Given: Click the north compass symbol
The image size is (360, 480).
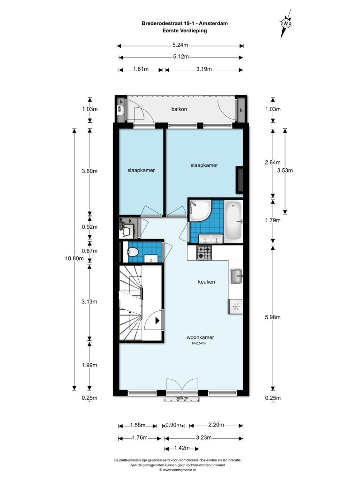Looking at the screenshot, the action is pos(286,23).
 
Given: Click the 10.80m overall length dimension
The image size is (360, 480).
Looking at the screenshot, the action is pos(74,258).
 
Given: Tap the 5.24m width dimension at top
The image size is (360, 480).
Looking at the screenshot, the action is pos(180,45).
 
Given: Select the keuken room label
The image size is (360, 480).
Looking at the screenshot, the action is pos(206,282).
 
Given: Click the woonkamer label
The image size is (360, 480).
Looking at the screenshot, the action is pos(200,337).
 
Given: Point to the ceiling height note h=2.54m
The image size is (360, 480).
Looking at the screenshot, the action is pos(199,343).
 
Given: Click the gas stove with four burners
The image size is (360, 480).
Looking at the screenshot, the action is pos(204,253).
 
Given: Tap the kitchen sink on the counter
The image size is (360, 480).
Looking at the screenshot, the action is pos(236,276).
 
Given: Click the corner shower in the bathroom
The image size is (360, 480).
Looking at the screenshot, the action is pos(199,210).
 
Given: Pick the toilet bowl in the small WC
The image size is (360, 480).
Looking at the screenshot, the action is pos(133,252).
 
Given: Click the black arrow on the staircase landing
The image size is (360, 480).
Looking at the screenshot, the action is pos(157,321).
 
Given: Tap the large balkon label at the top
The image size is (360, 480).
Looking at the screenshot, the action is pos(179,109).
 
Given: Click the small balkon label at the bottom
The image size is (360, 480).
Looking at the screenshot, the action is pos(182,398).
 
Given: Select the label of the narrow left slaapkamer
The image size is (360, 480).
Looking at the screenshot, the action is pos(141,170).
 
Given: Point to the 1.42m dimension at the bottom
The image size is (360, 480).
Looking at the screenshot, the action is pos(182,448).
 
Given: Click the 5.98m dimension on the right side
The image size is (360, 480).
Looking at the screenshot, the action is pos(273,317).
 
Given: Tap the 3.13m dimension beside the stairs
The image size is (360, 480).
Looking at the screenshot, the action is pos(90,301).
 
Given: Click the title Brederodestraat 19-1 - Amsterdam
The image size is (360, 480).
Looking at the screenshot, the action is pos(185,23).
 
